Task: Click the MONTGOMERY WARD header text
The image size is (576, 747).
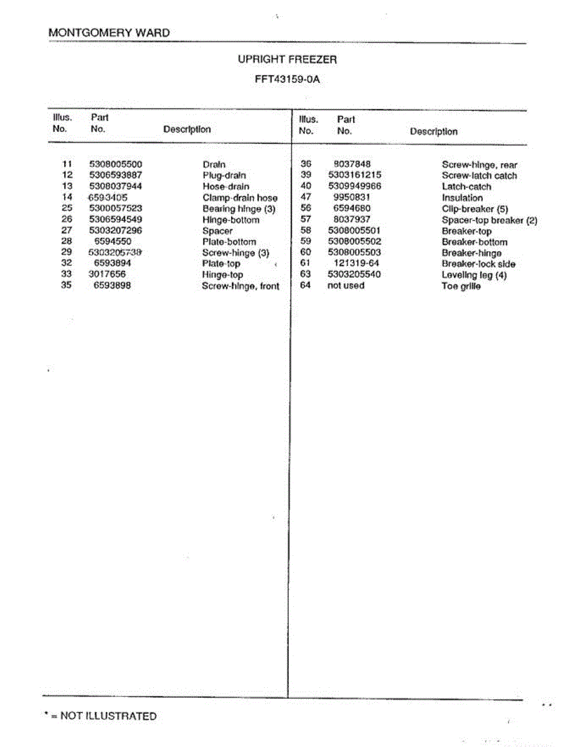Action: (109, 33)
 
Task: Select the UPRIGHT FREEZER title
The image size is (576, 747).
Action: (288, 60)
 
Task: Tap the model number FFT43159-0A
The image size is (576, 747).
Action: (288, 80)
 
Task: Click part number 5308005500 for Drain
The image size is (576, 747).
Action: (116, 164)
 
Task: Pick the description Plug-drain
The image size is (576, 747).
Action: (224, 176)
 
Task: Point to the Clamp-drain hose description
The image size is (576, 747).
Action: (240, 198)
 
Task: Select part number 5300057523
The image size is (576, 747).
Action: (116, 209)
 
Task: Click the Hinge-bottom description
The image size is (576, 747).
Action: (230, 220)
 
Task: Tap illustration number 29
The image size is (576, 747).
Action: (67, 252)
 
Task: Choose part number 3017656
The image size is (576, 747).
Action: (107, 274)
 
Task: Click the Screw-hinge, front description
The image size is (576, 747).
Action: (240, 286)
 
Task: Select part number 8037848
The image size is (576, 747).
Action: (352, 164)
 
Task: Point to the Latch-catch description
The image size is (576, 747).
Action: (466, 187)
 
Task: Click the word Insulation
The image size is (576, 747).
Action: (462, 198)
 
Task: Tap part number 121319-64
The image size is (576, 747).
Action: (356, 263)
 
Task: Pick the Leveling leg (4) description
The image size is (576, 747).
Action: (474, 275)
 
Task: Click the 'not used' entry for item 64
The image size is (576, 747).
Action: (346, 286)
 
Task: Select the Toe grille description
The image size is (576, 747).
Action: (461, 286)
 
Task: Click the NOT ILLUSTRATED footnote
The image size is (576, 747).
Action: (100, 716)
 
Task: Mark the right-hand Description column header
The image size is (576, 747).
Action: (433, 131)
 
